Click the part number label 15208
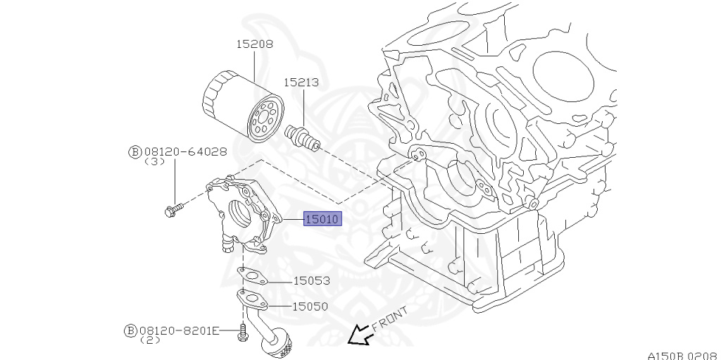click(x=254, y=44)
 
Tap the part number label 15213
click(x=301, y=82)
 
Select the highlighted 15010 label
click(x=322, y=220)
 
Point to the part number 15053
click(x=311, y=280)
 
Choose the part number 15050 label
click(x=311, y=306)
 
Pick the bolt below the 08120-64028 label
click(x=173, y=209)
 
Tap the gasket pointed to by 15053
click(x=253, y=275)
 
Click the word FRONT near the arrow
click(x=389, y=318)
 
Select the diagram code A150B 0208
click(x=683, y=354)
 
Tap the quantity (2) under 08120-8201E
click(x=150, y=340)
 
